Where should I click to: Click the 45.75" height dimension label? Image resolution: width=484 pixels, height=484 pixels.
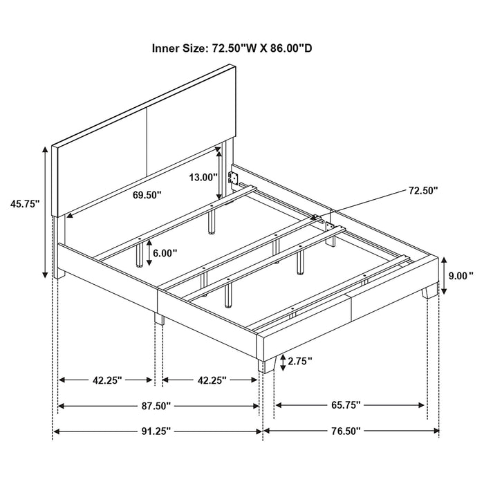(24, 204)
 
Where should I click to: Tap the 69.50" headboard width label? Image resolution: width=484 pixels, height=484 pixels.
(147, 196)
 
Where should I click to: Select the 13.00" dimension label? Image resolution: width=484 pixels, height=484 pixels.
(203, 177)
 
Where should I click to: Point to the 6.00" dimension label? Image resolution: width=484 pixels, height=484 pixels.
(165, 254)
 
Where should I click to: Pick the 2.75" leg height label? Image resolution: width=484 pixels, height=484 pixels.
(300, 361)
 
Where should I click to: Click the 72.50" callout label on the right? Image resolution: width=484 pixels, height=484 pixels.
(422, 191)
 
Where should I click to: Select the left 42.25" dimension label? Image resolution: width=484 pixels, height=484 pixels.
(106, 380)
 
